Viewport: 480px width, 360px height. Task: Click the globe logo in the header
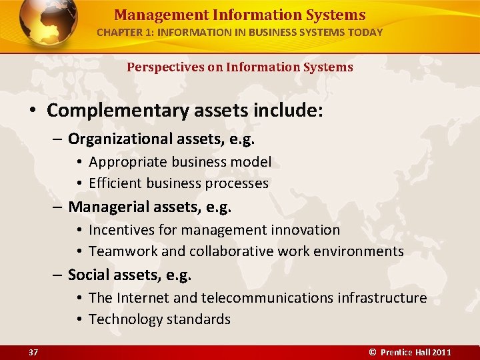[47, 23]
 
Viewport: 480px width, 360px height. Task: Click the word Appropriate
[128, 161]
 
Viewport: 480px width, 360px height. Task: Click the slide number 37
[33, 352]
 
